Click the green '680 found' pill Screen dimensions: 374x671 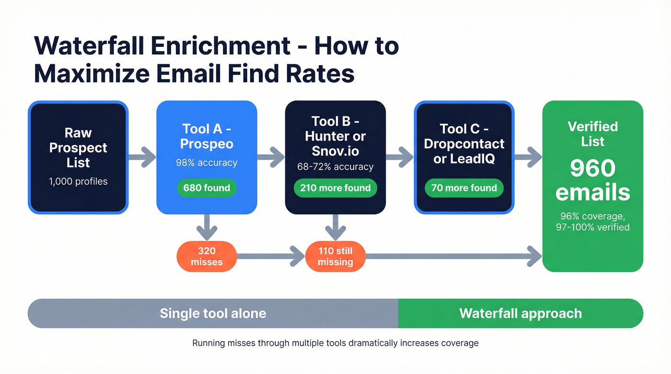coord(207,188)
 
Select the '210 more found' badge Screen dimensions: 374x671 coord(335,188)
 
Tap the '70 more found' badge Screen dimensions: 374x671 coord(463,188)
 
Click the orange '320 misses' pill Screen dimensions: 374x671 coord(207,256)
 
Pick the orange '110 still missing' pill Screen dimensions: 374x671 coord(335,256)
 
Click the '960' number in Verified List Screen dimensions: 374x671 coord(592,169)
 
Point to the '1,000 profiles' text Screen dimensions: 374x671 coord(78,181)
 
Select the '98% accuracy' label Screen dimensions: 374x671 coord(207,163)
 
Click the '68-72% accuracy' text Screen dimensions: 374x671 coord(335,167)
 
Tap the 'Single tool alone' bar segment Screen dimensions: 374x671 coord(213,314)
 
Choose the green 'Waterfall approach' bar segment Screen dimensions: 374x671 coord(521,314)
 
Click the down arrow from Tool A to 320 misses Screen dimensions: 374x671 coord(207,227)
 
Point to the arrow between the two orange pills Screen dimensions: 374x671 coord(271,256)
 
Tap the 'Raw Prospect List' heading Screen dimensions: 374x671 coord(78,147)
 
